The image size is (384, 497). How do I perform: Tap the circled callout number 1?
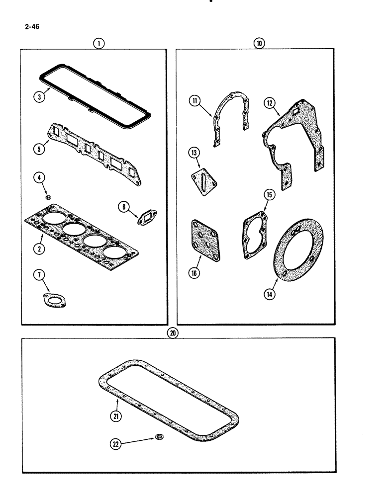click(x=99, y=43)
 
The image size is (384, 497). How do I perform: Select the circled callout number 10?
click(x=258, y=43)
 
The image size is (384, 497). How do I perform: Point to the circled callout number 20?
click(x=173, y=333)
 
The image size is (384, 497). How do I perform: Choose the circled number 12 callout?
click(x=269, y=103)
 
